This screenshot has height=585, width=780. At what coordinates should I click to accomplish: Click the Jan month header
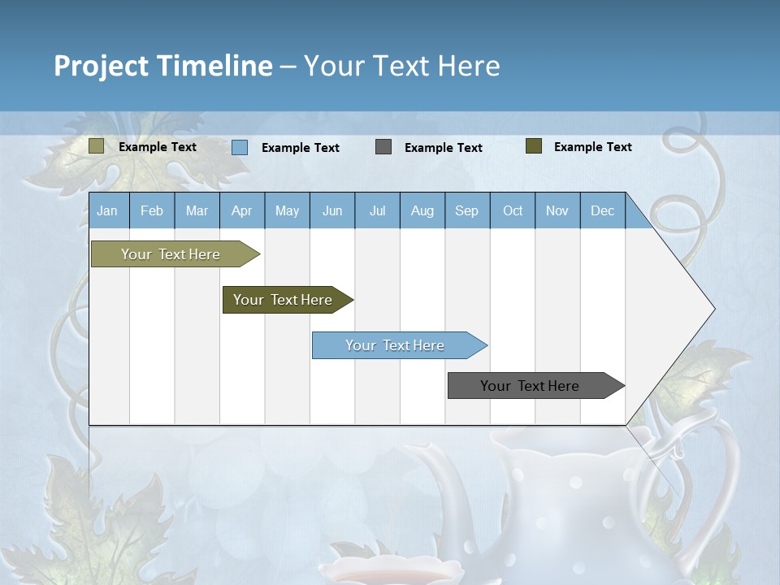[107, 210]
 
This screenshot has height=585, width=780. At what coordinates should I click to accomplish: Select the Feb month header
[152, 210]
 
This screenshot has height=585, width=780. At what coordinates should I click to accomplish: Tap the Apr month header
[241, 210]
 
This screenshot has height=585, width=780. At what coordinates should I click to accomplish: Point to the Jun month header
[332, 210]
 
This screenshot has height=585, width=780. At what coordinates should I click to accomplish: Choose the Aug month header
[422, 210]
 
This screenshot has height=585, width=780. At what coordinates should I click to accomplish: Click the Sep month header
[466, 210]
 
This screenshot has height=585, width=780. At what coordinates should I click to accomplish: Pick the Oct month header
[513, 210]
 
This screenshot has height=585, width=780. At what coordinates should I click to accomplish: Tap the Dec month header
[602, 210]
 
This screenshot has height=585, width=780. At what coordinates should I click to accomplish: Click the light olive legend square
[96, 146]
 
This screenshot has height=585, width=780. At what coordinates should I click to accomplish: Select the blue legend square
[240, 147]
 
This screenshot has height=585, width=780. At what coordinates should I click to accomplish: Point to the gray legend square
[383, 147]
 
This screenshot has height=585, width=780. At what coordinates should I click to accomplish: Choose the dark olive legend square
[533, 146]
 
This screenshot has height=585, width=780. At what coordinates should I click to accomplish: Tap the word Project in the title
[101, 66]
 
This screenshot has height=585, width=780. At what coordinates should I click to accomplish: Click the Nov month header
[557, 210]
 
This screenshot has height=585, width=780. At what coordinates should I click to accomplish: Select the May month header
[287, 210]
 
